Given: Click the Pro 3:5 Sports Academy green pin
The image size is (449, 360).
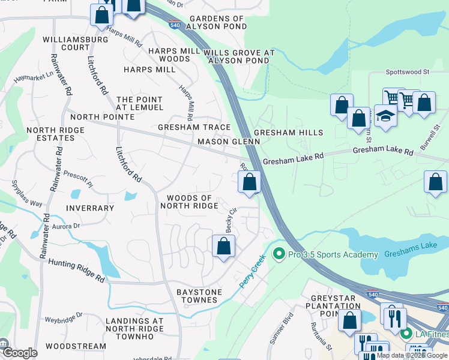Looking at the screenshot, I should pos(278,254).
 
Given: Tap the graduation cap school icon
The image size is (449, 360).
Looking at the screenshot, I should pos(385,116).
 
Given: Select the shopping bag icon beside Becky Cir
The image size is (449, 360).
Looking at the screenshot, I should pos(223,246).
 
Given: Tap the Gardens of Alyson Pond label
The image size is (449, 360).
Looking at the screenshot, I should pos(215,23).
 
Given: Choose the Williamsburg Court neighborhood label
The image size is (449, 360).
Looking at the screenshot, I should pos(75,43).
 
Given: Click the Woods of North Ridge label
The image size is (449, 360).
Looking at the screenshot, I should pos(189,202).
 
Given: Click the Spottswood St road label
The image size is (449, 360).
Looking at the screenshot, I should pos(408,71).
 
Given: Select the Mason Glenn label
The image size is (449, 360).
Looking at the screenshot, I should pos(229,142).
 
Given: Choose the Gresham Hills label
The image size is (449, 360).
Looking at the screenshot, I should pos(288,133).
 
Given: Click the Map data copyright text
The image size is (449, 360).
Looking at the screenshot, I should pos(412,355).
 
